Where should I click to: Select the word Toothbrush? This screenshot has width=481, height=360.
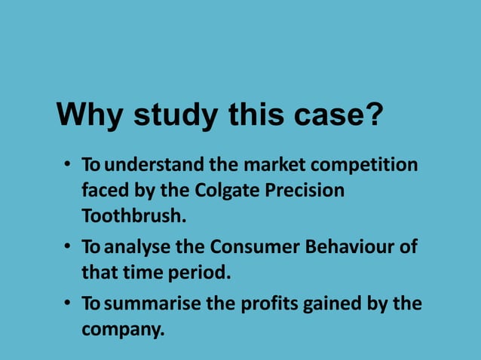(x=133, y=216)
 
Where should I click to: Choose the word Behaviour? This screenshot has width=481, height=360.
(x=350, y=247)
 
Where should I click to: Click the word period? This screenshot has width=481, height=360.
(x=204, y=273)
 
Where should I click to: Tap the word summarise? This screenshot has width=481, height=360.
(x=151, y=304)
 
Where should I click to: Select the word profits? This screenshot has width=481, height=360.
(x=269, y=304)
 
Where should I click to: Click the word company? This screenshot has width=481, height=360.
(x=122, y=330)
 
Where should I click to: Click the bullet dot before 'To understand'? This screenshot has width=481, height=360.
(x=67, y=165)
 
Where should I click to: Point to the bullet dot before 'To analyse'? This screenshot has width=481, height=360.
(x=67, y=248)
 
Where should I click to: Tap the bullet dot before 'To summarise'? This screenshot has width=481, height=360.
(x=67, y=304)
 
